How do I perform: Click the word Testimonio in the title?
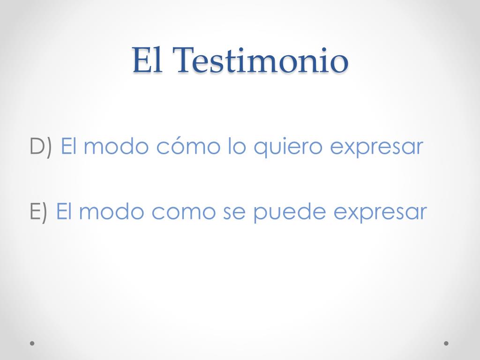[x=262, y=60]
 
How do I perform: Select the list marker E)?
[x=38, y=211]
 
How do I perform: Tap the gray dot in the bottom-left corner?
[x=32, y=343]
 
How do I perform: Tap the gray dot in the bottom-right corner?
[x=446, y=343]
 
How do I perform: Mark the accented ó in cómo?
[x=179, y=147]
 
